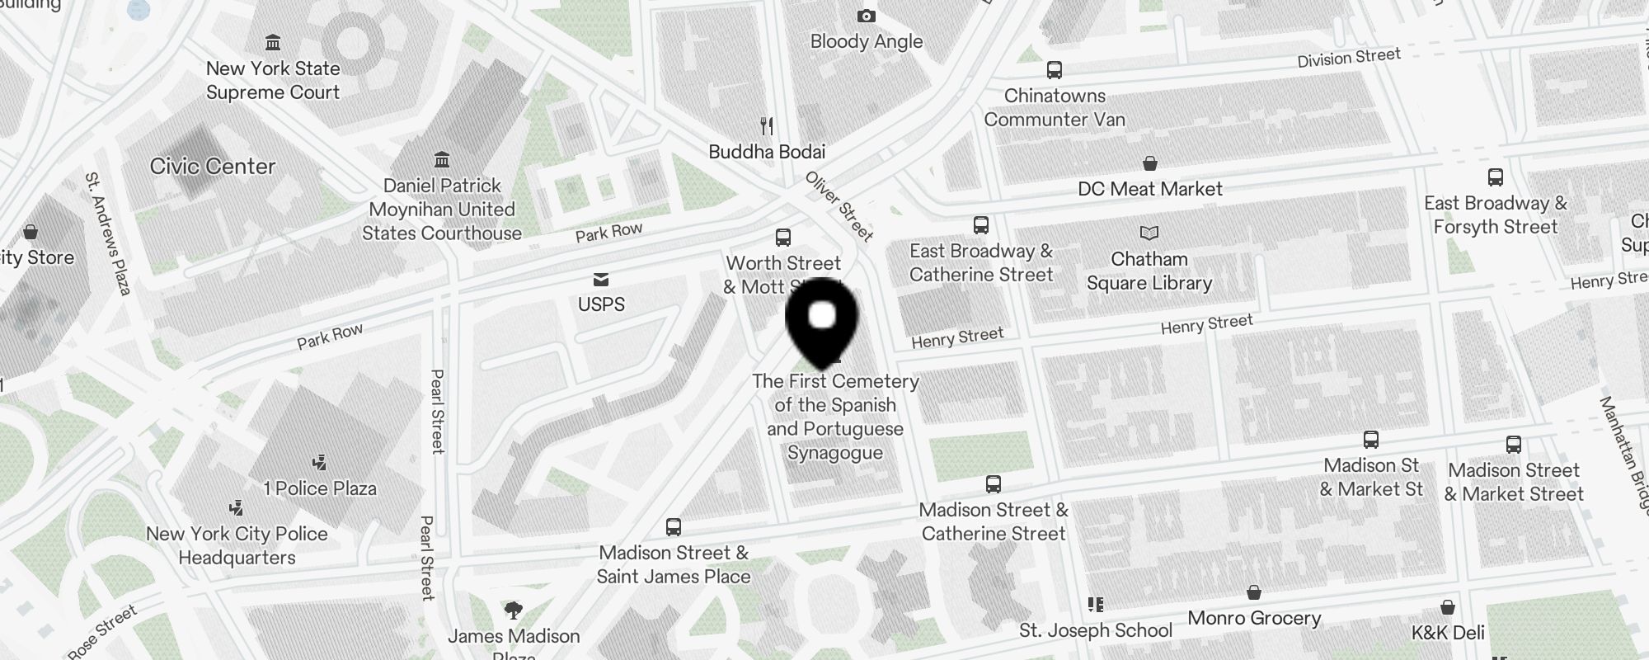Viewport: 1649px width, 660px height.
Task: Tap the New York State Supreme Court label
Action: click(x=273, y=81)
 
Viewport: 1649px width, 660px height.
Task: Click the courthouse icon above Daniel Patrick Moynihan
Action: click(x=442, y=158)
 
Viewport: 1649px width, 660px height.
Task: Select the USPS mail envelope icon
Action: click(x=601, y=280)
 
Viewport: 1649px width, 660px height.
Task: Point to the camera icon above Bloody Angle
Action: click(x=866, y=16)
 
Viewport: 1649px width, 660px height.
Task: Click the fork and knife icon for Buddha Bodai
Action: click(x=767, y=126)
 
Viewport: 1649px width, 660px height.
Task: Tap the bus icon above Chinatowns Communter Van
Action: click(x=1054, y=70)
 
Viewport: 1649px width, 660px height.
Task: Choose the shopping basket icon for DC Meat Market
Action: click(x=1150, y=163)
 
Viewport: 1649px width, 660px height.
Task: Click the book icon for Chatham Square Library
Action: click(x=1149, y=233)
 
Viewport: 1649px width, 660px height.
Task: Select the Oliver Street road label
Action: click(x=839, y=206)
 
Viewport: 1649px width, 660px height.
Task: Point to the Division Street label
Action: click(x=1349, y=58)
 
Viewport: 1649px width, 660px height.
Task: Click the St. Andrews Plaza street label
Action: click(x=109, y=233)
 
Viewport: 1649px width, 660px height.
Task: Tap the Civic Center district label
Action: click(x=213, y=167)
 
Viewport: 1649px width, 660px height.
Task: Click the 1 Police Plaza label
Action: click(x=320, y=488)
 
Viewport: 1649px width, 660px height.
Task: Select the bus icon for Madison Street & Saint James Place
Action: click(x=674, y=527)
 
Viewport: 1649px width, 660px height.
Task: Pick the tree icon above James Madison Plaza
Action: click(x=513, y=610)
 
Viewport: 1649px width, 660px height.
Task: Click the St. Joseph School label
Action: click(x=1096, y=631)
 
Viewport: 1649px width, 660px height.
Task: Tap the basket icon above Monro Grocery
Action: click(x=1253, y=593)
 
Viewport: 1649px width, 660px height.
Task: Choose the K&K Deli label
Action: click(x=1448, y=633)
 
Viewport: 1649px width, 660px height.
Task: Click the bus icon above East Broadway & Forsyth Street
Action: click(x=1495, y=177)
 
